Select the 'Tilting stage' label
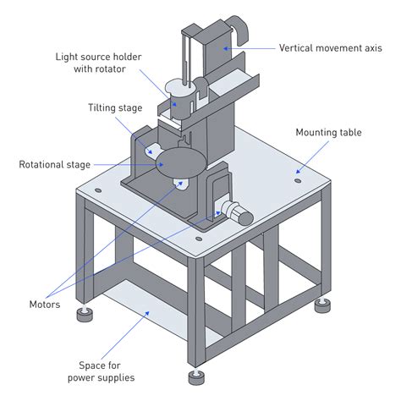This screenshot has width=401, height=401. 114,108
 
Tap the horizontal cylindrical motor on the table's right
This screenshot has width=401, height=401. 239,214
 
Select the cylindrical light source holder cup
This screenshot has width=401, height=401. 178,91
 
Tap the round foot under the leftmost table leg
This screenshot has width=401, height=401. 84,317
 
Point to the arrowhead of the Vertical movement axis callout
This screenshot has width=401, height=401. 225,48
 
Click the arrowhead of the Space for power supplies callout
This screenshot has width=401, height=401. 150,315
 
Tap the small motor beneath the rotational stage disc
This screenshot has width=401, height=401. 179,183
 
